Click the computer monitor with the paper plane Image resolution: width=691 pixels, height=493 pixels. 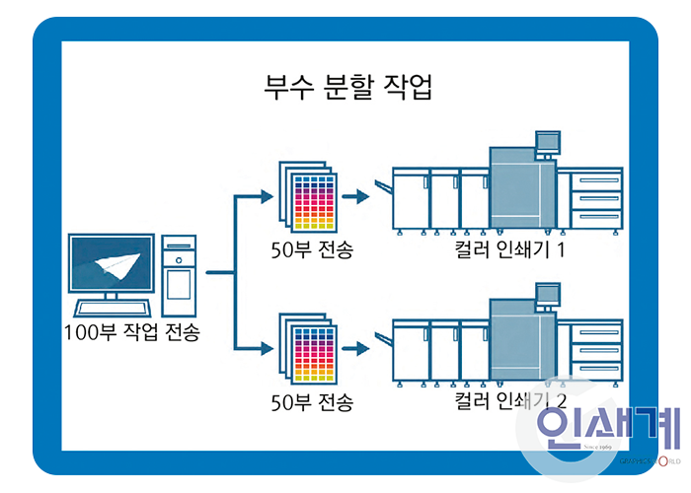click(x=112, y=263)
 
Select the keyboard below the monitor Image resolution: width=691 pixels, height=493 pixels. click(x=111, y=307)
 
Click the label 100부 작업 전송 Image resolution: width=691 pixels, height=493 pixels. click(x=131, y=332)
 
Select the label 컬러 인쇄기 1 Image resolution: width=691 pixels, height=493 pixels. click(x=509, y=247)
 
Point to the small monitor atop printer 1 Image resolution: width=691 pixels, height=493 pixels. click(x=546, y=140)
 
